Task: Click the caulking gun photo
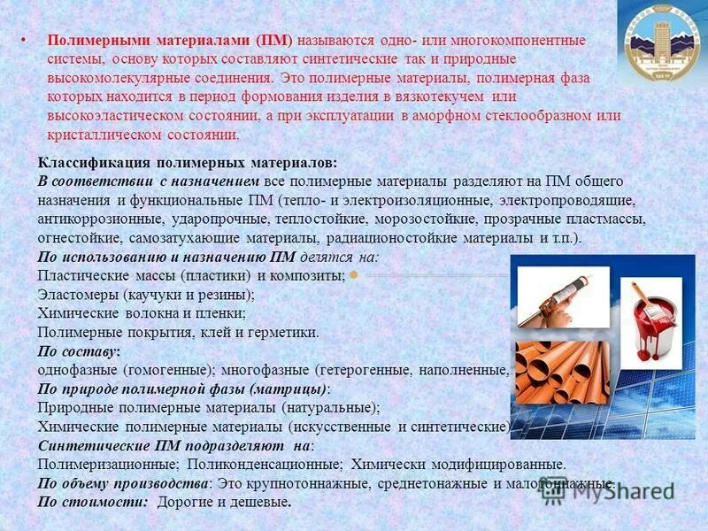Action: coord(558,297)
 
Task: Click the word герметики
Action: coord(285,333)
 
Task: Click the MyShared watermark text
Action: coord(619,492)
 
